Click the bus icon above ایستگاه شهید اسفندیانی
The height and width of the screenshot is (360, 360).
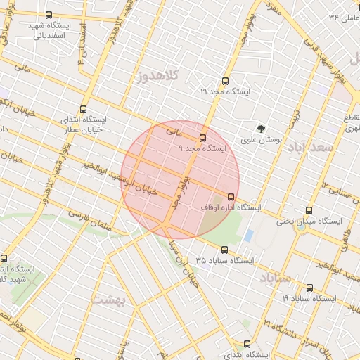[49, 15]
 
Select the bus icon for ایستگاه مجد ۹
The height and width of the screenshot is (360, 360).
[203, 138]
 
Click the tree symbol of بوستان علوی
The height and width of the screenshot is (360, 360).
[262, 129]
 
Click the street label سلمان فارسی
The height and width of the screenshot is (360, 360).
[89, 220]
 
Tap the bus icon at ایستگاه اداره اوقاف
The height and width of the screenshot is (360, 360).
[231, 197]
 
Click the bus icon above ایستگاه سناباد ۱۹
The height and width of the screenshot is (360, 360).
[310, 288]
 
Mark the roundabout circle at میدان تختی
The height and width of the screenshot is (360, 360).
[302, 226]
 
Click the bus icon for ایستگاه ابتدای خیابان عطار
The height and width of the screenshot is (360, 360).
[84, 109]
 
